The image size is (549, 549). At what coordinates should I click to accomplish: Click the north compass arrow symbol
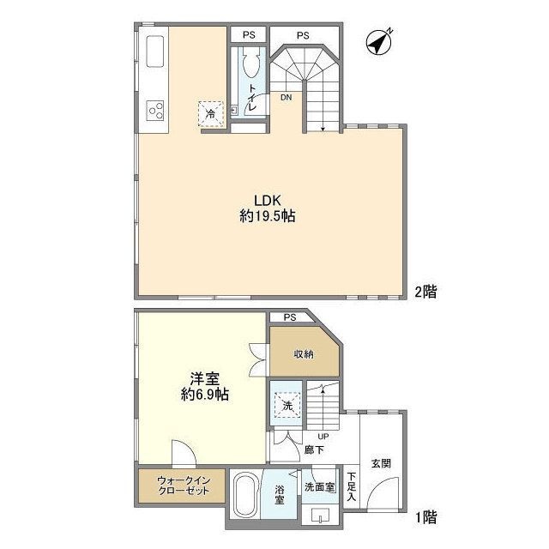pyautogui.click(x=377, y=40)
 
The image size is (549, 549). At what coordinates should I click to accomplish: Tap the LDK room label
pyautogui.click(x=267, y=201)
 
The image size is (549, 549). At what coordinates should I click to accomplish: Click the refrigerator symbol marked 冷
pyautogui.click(x=210, y=112)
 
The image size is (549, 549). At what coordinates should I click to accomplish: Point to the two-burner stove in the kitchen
pyautogui.click(x=156, y=110)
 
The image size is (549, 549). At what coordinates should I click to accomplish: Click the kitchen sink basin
pyautogui.click(x=156, y=54)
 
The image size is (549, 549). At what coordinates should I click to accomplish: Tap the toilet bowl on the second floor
pyautogui.click(x=250, y=64)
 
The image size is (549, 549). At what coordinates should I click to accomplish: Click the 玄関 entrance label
pyautogui.click(x=382, y=462)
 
